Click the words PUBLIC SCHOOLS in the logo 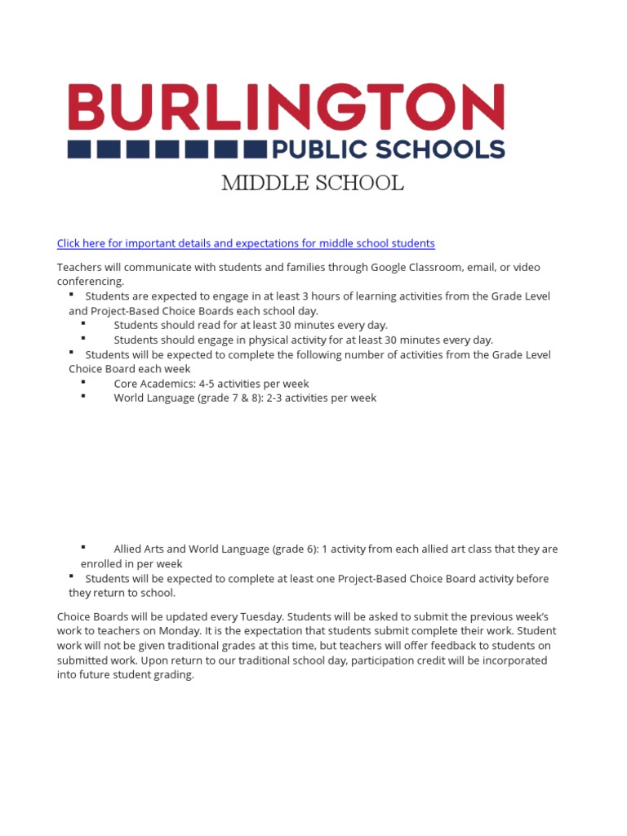click(388, 149)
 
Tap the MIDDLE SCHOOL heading click(313, 184)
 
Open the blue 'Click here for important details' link click(246, 243)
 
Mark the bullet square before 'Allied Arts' click(83, 547)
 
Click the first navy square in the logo click(79, 149)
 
